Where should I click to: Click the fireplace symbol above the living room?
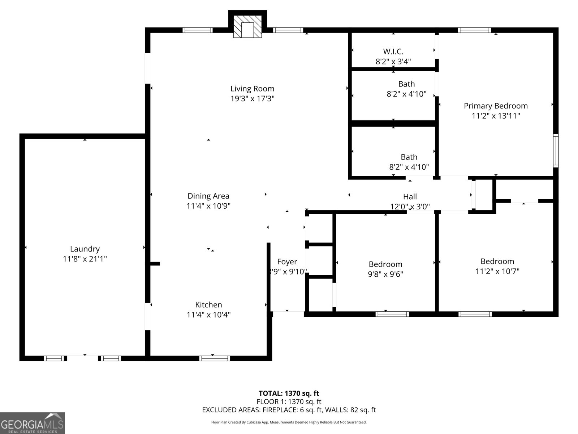click(247, 26)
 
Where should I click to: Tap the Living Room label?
click(252, 89)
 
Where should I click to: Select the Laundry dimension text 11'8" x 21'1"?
click(85, 259)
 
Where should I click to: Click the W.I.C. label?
click(393, 51)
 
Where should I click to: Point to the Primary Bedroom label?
click(496, 106)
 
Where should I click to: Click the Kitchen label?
click(208, 305)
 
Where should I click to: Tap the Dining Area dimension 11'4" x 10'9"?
click(208, 206)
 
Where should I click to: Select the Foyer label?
click(287, 261)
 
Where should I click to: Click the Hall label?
click(410, 196)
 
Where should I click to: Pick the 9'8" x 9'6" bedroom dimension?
click(385, 274)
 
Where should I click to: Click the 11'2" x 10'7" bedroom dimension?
click(497, 271)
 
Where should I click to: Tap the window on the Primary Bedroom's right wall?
click(556, 150)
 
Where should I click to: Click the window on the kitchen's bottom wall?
click(214, 358)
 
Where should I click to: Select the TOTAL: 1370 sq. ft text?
click(289, 393)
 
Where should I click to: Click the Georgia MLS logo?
click(32, 423)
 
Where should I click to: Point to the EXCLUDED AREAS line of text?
click(289, 410)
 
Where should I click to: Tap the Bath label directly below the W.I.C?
click(406, 84)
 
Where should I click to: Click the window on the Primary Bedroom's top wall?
click(474, 30)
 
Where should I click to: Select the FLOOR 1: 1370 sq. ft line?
click(289, 401)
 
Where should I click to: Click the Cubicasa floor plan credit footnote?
click(289, 422)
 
